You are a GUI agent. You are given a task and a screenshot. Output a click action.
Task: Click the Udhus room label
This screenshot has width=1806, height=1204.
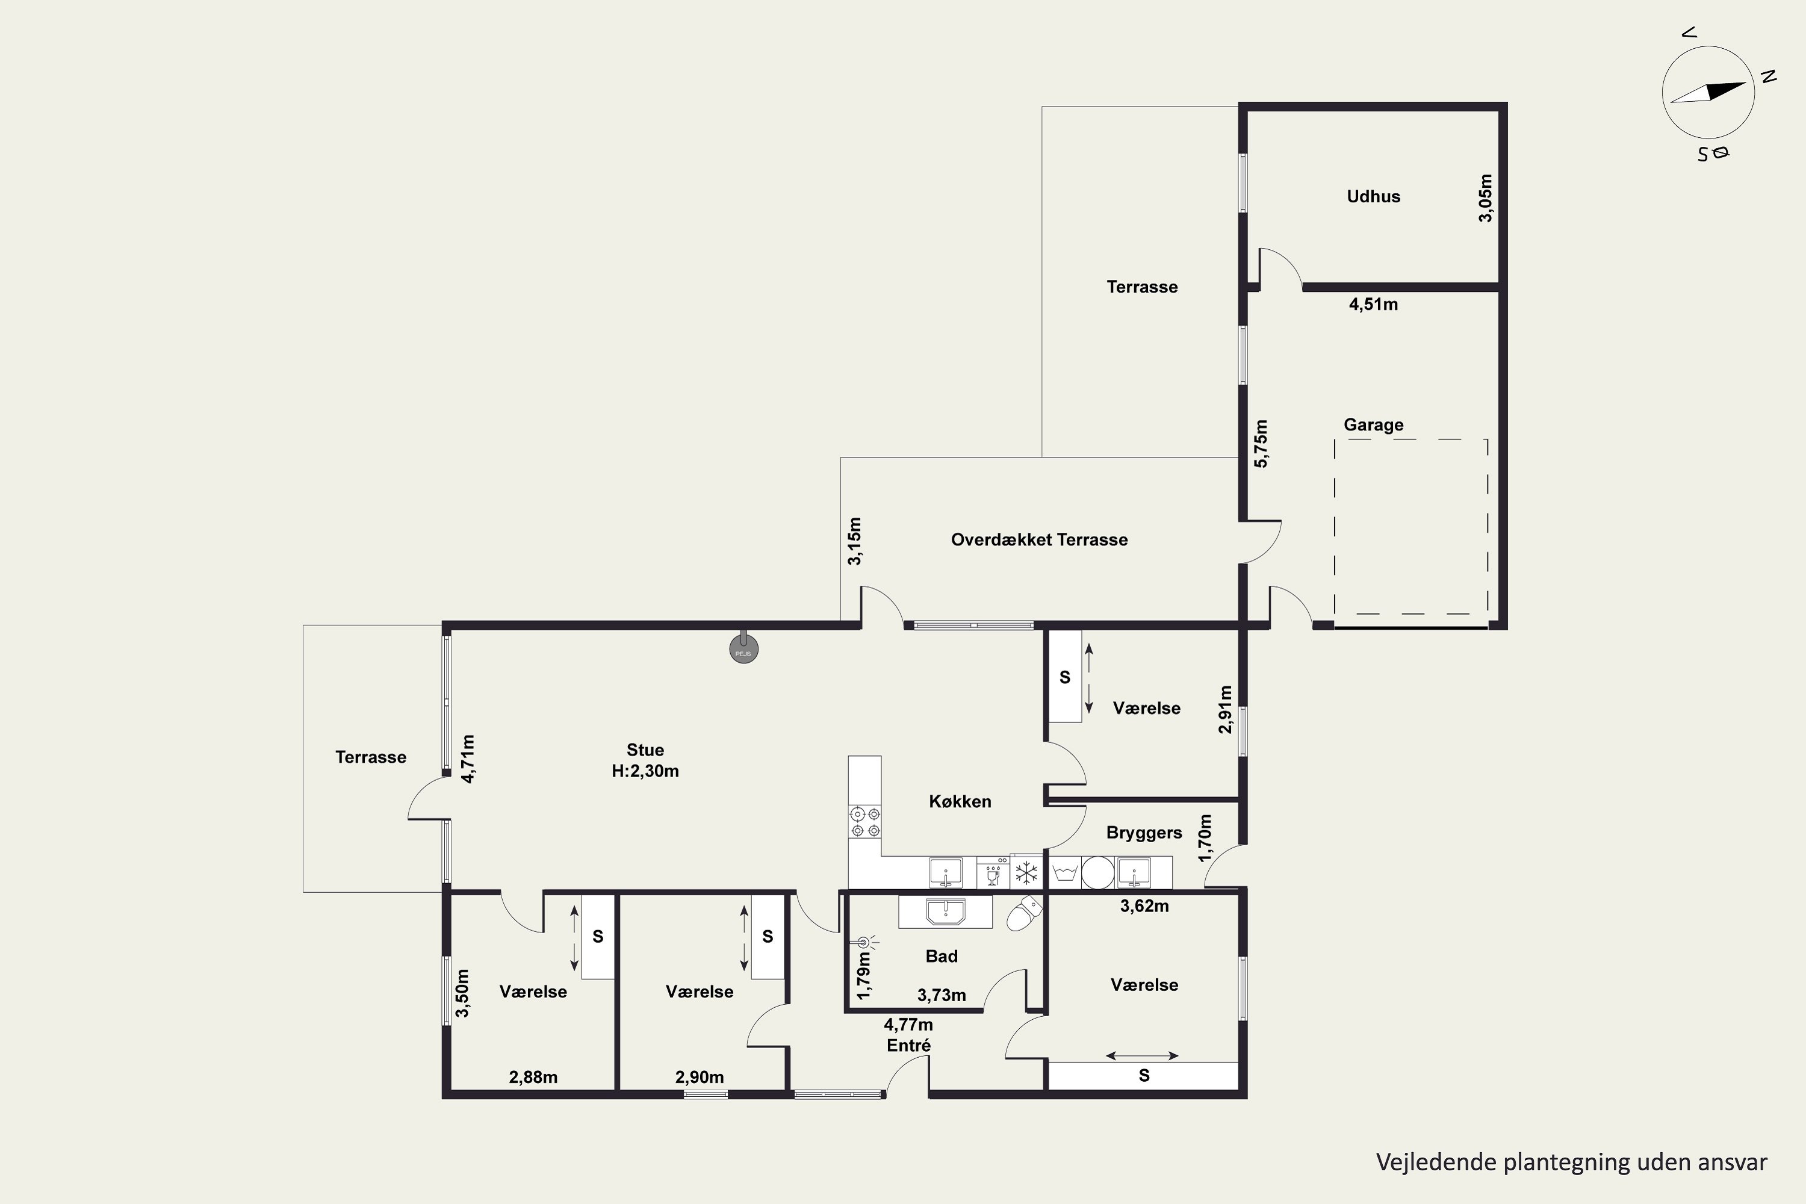(x=1373, y=197)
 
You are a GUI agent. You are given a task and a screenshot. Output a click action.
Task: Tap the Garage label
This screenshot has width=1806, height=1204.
(x=1373, y=424)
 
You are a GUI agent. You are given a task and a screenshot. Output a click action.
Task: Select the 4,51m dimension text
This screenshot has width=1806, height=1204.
(x=1373, y=305)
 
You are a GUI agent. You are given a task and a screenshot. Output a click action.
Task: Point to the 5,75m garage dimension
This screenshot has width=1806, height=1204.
(x=1261, y=443)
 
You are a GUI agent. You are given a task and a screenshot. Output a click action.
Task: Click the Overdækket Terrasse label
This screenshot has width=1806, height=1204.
(x=1039, y=540)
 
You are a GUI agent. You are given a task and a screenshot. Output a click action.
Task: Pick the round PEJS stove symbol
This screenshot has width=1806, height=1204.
(x=743, y=649)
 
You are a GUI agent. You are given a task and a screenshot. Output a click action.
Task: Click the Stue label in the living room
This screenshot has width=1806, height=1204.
(x=645, y=750)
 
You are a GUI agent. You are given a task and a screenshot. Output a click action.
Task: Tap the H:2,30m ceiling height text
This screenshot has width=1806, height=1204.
(x=645, y=771)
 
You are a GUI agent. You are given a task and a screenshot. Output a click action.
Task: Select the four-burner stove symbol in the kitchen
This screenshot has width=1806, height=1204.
(x=864, y=822)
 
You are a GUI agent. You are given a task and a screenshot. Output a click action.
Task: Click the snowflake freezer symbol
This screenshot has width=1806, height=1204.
(x=1026, y=873)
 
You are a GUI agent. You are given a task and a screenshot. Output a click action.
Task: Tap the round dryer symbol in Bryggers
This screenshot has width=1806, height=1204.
(x=1098, y=873)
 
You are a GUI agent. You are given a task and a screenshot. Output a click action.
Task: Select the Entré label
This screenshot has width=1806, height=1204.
(x=908, y=1045)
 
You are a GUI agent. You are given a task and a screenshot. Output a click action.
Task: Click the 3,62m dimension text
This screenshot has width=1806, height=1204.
(x=1144, y=906)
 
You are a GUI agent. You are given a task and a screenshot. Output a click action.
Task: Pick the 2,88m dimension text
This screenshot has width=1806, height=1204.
(x=533, y=1078)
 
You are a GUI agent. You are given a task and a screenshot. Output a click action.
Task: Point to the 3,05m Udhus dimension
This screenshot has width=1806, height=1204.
(x=1486, y=198)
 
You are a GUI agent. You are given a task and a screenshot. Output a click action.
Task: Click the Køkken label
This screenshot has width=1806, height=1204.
(x=960, y=802)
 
